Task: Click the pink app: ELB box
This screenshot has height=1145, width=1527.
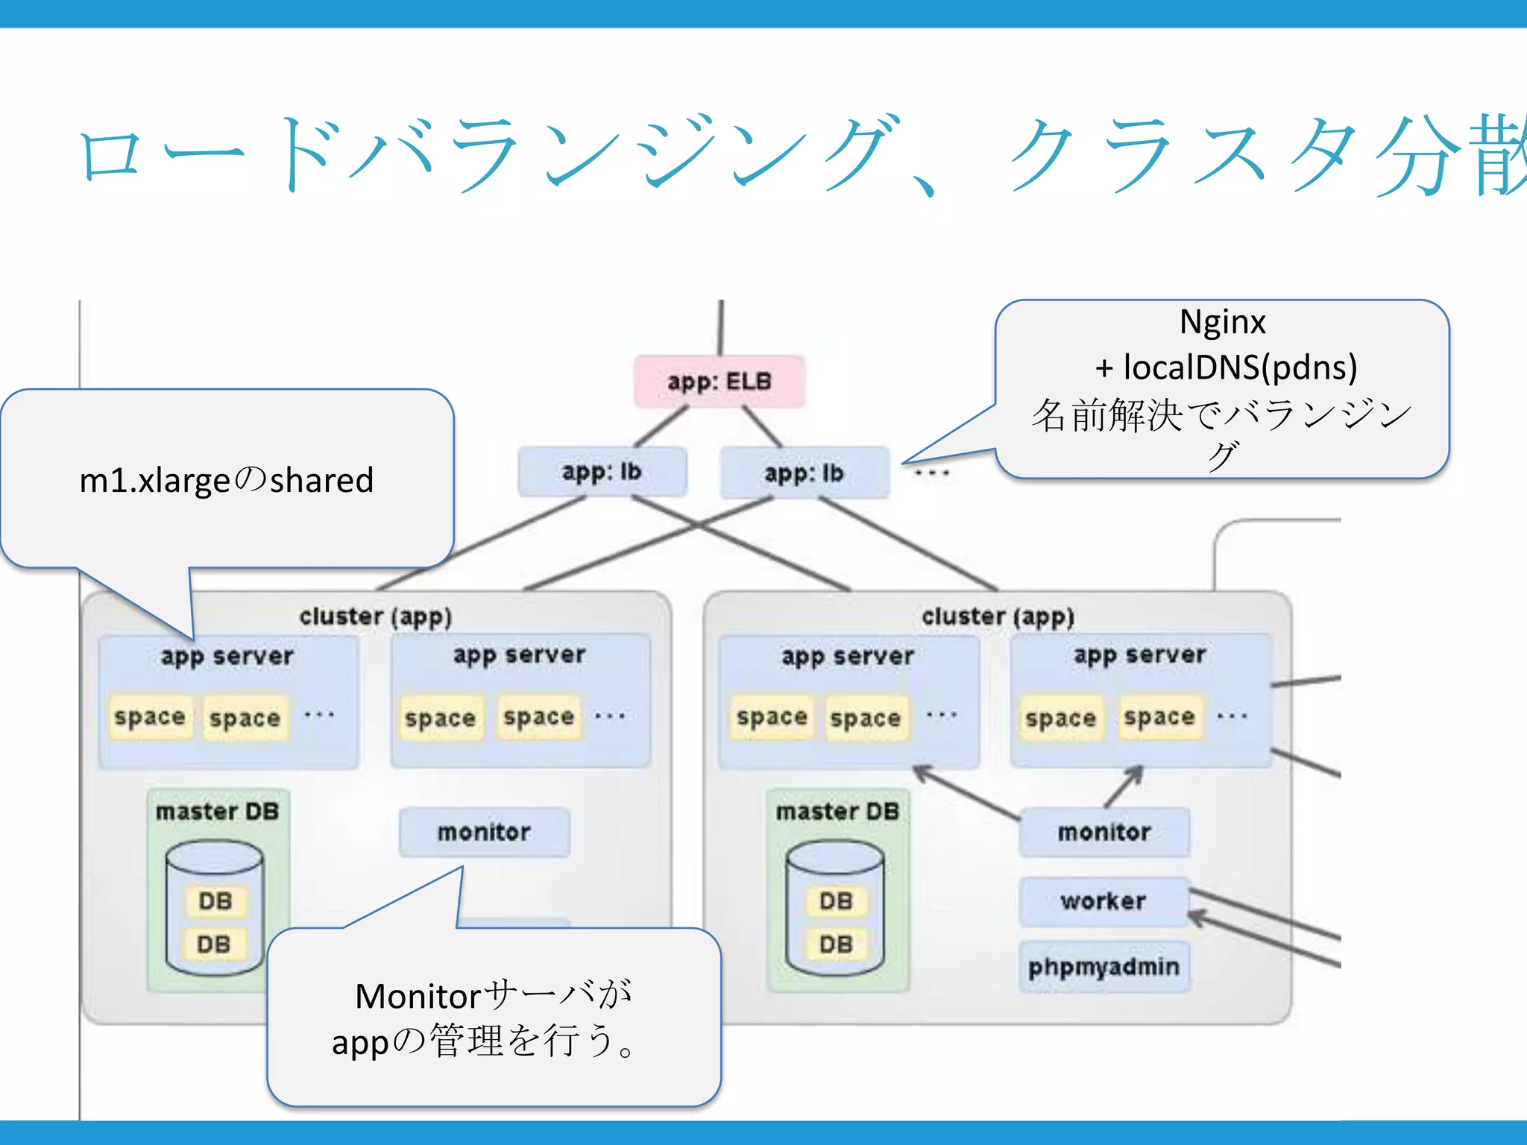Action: pyautogui.click(x=719, y=381)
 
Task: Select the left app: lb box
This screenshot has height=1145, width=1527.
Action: pyautogui.click(x=602, y=471)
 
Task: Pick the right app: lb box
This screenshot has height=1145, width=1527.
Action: pyautogui.click(x=804, y=473)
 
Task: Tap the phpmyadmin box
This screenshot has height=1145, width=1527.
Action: pyautogui.click(x=1103, y=967)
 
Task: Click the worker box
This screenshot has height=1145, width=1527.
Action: pyautogui.click(x=1103, y=901)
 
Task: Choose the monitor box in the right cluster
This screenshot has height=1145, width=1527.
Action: pyautogui.click(x=1103, y=831)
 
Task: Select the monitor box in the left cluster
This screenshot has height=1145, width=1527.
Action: pyautogui.click(x=484, y=831)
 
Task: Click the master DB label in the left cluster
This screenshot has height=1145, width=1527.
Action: pyautogui.click(x=217, y=811)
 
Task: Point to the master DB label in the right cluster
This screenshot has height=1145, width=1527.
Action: pyautogui.click(x=837, y=811)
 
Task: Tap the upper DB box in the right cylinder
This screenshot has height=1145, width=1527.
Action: pyautogui.click(x=835, y=900)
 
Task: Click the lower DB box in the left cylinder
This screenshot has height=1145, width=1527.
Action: pyautogui.click(x=214, y=944)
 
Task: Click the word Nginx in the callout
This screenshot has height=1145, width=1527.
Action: pyautogui.click(x=1222, y=322)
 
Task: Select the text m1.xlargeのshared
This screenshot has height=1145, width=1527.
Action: pyautogui.click(x=226, y=479)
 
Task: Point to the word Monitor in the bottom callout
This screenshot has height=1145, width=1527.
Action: pyautogui.click(x=418, y=996)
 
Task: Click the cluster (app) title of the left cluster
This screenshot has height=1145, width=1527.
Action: pyautogui.click(x=375, y=616)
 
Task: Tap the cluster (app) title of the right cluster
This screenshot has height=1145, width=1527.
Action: pyautogui.click(x=998, y=616)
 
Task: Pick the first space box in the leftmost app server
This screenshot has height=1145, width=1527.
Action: pyautogui.click(x=150, y=717)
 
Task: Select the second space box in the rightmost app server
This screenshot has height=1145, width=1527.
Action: pyautogui.click(x=1159, y=717)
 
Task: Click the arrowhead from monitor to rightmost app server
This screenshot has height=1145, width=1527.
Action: pyautogui.click(x=1136, y=773)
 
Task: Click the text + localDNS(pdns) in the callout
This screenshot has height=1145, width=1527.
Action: pyautogui.click(x=1226, y=367)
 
